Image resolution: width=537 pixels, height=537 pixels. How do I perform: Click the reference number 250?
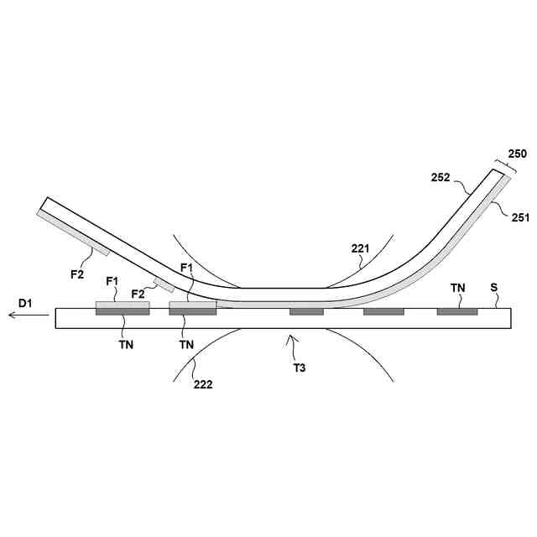pyautogui.click(x=518, y=154)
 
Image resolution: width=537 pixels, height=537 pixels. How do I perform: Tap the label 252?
pyautogui.click(x=441, y=178)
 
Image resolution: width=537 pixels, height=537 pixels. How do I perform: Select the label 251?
pyautogui.click(x=520, y=216)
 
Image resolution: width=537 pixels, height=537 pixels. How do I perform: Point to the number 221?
pyautogui.click(x=360, y=248)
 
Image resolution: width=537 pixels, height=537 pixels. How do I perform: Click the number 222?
pyautogui.click(x=202, y=385)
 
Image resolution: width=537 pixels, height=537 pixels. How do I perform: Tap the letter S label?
pyautogui.click(x=494, y=288)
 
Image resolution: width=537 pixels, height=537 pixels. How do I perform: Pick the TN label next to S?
pyautogui.click(x=457, y=288)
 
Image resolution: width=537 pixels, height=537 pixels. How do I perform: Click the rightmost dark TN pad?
pyautogui.click(x=457, y=312)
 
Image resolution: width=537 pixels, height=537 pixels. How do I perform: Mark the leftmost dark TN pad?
pyautogui.click(x=123, y=312)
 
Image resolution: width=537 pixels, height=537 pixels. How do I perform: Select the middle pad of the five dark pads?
pyautogui.click(x=306, y=312)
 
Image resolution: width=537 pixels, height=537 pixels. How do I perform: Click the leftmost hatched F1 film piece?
pyautogui.click(x=123, y=305)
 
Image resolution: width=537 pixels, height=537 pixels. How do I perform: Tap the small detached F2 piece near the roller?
pyautogui.click(x=164, y=284)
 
